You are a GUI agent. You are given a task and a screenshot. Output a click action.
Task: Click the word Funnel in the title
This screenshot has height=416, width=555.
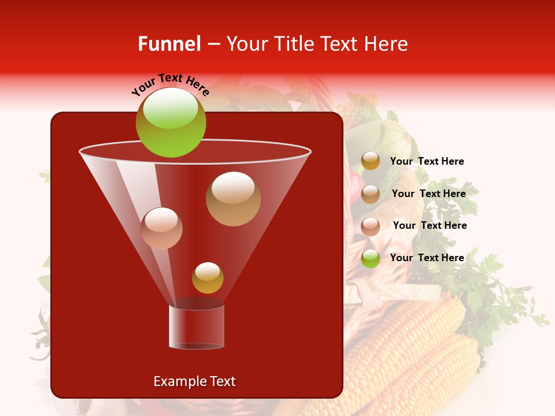click(169, 44)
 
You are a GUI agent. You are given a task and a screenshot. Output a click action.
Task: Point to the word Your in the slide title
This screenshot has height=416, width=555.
click(248, 44)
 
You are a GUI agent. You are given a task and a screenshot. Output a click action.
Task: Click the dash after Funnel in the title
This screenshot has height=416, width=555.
click(213, 44)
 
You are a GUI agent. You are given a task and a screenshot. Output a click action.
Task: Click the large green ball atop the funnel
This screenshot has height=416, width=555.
click(171, 122)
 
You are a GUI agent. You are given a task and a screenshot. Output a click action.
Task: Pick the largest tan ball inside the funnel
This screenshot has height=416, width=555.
click(233, 198)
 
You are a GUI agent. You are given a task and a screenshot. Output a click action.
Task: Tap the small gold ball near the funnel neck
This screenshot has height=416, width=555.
click(208, 277)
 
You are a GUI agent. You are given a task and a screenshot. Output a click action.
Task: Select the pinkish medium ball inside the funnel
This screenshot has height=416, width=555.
click(161, 228)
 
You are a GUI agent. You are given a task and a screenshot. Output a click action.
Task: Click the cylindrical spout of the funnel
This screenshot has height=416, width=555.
click(197, 326)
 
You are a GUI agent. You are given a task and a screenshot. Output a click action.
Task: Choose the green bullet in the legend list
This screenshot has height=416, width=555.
click(371, 258)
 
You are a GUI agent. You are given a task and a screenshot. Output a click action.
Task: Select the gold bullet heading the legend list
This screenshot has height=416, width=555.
click(371, 161)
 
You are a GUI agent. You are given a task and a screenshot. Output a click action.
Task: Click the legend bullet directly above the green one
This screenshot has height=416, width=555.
click(371, 226)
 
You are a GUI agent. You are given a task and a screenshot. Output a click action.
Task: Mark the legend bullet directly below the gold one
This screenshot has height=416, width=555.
click(371, 194)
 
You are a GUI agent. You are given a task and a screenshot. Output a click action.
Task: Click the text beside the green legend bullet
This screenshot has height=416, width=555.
click(427, 258)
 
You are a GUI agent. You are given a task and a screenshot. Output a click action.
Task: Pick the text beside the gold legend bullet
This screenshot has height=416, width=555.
click(427, 161)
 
